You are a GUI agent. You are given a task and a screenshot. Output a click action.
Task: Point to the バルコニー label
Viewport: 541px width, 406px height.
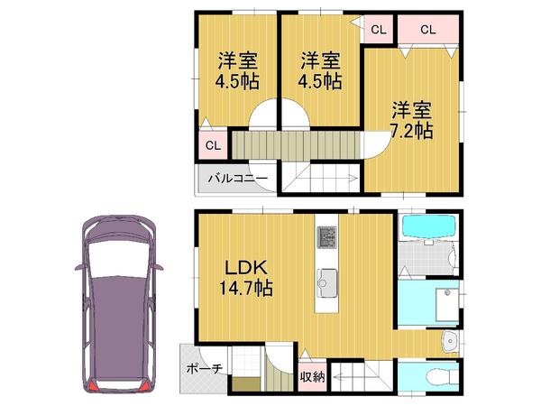(x=237, y=180)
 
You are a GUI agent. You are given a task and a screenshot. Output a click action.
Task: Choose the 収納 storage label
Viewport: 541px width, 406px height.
(x=312, y=377)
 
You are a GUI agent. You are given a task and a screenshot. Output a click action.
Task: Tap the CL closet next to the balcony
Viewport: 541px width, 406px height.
(x=212, y=144)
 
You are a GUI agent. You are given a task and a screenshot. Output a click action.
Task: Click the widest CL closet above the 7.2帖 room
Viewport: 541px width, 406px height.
(x=426, y=30)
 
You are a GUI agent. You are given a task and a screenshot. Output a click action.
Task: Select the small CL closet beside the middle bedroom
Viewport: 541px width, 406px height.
(x=377, y=30)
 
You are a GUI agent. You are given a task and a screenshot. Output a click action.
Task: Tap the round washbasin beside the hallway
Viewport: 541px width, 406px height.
(x=450, y=342)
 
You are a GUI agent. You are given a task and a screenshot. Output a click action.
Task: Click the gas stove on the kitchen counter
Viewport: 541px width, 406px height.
(x=326, y=238)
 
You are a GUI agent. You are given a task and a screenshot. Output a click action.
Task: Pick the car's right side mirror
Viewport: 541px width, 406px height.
(x=159, y=267)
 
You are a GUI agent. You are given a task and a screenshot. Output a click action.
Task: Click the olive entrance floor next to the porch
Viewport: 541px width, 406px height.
(x=244, y=383)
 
